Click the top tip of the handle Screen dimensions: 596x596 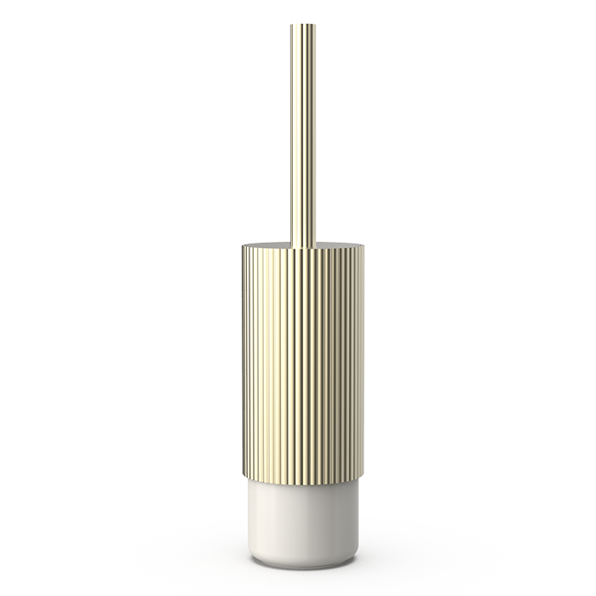[x=302, y=25]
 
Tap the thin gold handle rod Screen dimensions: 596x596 [x=302, y=128]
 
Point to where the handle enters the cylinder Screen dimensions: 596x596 [x=302, y=246]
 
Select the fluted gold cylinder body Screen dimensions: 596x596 [x=302, y=366]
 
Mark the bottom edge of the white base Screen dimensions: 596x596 [x=302, y=565]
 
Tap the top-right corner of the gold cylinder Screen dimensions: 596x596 [x=363, y=249]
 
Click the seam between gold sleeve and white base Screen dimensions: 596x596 [x=302, y=484]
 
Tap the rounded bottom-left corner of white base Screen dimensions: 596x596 [x=253, y=557]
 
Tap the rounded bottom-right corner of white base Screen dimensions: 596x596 [x=353, y=557]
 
